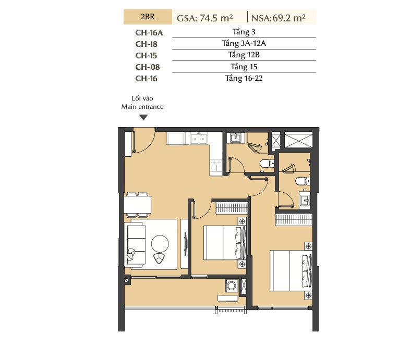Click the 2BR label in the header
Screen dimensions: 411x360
coord(148,17)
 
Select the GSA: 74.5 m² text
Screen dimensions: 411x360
coord(204,18)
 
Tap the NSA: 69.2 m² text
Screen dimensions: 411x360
coord(279,18)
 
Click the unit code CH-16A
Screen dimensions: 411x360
coord(149,33)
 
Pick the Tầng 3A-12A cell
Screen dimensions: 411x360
coord(244,43)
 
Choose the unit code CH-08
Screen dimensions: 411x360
coord(148,67)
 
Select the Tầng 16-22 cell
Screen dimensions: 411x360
coord(244,78)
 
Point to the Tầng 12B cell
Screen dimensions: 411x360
coord(244,55)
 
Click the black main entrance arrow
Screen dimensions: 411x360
coord(143,118)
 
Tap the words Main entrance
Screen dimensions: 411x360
coord(142,107)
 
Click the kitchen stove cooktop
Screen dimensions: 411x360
coord(216,166)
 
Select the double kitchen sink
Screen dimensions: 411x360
coord(199,138)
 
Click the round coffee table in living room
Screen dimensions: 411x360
coord(160,243)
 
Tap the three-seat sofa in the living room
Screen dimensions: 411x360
coord(135,244)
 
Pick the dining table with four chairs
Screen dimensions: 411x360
coord(137,205)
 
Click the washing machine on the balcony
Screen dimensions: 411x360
coord(232,285)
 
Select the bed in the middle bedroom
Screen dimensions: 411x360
coord(225,243)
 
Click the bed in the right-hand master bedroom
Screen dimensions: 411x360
coord(291,271)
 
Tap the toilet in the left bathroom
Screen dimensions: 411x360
coord(267,164)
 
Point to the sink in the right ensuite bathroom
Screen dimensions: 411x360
coord(304,200)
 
